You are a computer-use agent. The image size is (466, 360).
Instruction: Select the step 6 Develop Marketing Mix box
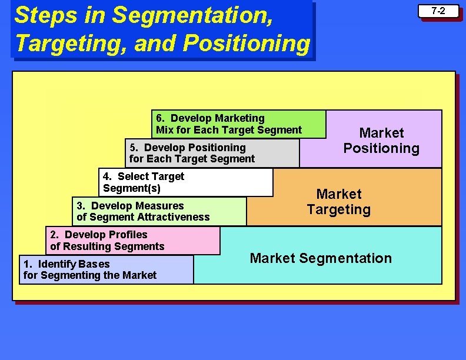(238, 124)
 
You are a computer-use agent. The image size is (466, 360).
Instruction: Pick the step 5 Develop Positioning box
(212, 153)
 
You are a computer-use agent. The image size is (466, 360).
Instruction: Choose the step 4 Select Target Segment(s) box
(185, 182)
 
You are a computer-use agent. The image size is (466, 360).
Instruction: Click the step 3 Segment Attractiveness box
(159, 211)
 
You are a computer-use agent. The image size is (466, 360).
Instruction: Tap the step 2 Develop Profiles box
(132, 241)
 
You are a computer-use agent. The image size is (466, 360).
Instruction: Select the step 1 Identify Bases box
(106, 269)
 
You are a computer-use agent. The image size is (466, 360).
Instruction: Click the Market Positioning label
(381, 141)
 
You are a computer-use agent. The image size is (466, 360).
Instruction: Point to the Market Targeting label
(339, 202)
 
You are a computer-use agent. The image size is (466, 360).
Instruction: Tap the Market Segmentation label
(321, 258)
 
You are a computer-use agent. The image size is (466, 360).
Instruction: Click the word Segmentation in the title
(192, 15)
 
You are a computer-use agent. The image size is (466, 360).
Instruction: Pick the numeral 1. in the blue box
(28, 264)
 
